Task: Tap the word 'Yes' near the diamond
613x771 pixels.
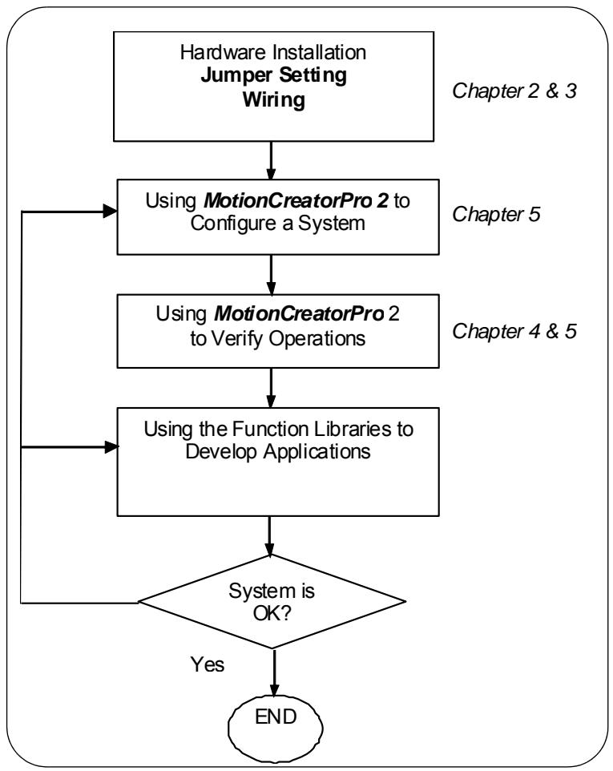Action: coord(208,664)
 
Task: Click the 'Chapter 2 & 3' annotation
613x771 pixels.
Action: coord(514,91)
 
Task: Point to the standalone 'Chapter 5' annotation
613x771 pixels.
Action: coord(496,214)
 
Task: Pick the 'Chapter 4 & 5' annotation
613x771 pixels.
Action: coord(514,332)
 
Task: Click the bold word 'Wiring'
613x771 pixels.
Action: coord(274,100)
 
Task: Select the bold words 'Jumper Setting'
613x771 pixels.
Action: coord(274,75)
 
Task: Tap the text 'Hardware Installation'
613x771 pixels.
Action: coord(273,52)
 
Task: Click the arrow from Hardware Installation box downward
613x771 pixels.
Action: coord(271,160)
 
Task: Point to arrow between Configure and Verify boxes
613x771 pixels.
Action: coord(271,274)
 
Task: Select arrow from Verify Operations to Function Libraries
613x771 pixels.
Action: coord(271,387)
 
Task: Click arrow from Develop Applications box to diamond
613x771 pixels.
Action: coord(269,536)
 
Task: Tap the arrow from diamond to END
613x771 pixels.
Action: coord(274,672)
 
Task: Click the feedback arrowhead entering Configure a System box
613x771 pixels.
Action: coord(110,212)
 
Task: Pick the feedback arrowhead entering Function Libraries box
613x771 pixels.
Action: coord(111,447)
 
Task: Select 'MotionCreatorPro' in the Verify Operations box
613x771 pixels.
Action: coord(299,313)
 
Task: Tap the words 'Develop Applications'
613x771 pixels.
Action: coord(278,452)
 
